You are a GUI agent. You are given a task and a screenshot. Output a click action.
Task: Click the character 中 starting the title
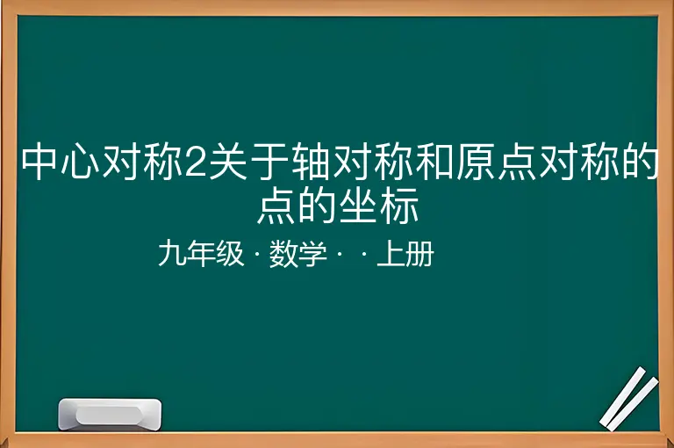[39, 162]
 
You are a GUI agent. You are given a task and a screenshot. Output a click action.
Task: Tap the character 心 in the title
[80, 162]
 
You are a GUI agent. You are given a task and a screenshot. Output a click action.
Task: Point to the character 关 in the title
[228, 162]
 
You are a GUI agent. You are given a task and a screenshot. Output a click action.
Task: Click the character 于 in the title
[269, 162]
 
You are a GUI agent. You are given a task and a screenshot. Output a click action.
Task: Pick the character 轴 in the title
[310, 162]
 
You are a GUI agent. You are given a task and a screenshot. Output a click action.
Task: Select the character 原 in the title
[475, 162]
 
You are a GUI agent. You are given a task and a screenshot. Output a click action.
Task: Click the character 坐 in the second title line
[358, 205]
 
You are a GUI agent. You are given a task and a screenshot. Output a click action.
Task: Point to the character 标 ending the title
[400, 205]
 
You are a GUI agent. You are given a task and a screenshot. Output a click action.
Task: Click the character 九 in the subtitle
[172, 254]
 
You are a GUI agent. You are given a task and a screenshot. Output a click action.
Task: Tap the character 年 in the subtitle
[201, 254]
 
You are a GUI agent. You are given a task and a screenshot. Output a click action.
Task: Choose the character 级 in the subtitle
[230, 254]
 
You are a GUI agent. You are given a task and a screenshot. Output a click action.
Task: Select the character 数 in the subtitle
[283, 254]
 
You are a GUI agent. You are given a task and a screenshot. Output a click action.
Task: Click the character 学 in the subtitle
[312, 254]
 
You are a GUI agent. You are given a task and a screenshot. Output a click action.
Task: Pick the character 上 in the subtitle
[391, 254]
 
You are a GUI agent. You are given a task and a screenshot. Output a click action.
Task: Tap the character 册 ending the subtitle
[419, 254]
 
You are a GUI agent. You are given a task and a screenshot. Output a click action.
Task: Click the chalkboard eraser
[110, 414]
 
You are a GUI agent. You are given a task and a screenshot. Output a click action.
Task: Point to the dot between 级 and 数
[257, 255]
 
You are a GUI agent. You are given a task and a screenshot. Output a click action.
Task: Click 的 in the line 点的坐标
[317, 205]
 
